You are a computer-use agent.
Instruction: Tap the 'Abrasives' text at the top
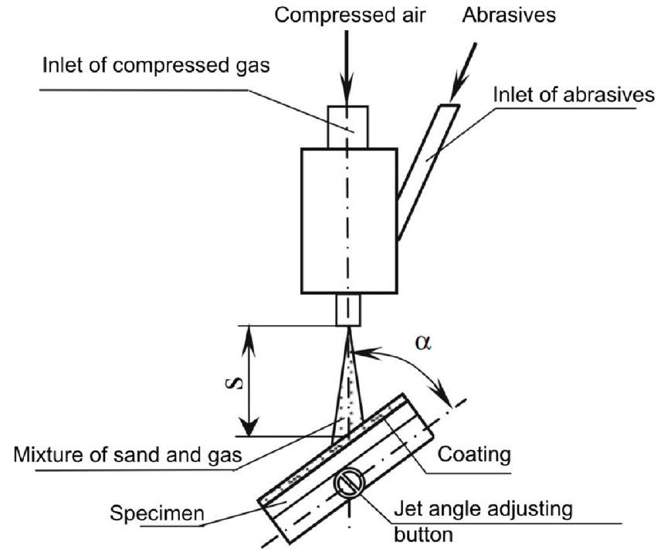[x=509, y=15]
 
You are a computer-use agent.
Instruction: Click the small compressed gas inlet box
[x=347, y=126]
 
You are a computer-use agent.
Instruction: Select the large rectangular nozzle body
[x=347, y=220]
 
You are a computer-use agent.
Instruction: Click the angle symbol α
[x=421, y=342]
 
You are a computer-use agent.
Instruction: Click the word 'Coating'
[x=474, y=454]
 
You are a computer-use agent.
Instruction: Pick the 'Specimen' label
[x=157, y=512]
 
